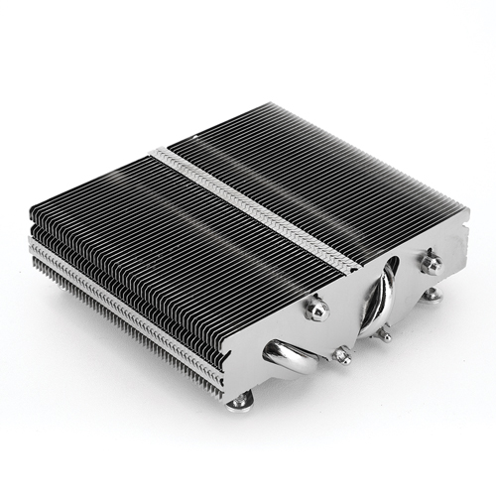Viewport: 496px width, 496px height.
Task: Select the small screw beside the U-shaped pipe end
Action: pyautogui.click(x=344, y=354)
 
